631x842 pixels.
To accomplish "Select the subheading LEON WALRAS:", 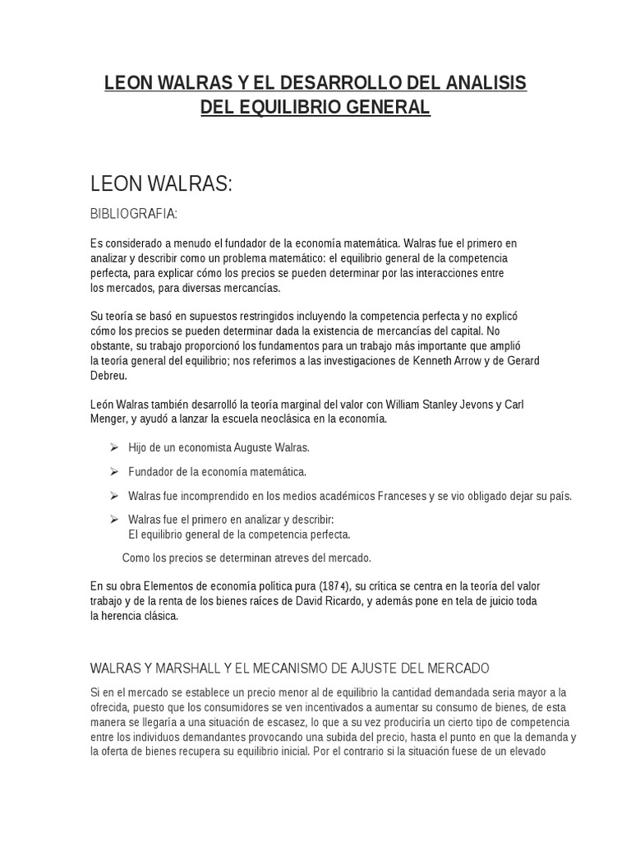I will [x=161, y=184].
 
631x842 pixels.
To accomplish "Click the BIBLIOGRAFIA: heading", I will [x=134, y=214].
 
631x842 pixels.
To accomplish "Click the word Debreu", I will [x=108, y=375].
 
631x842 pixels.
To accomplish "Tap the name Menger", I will [x=108, y=419].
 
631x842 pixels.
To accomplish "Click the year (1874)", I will [x=334, y=586].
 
